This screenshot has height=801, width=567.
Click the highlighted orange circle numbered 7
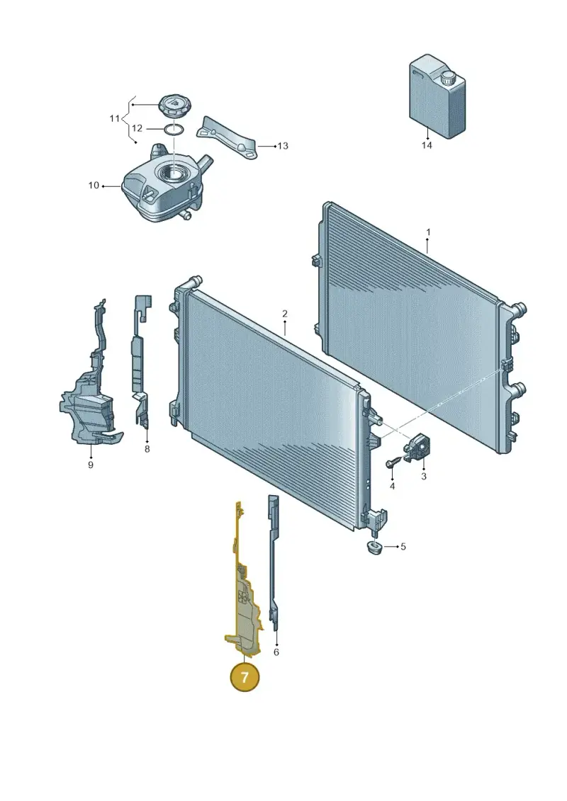(245, 677)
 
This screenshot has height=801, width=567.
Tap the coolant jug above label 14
(437, 98)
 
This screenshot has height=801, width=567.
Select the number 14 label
(427, 146)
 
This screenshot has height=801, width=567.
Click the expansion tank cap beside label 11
(173, 106)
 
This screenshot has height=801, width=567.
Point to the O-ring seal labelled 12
(174, 129)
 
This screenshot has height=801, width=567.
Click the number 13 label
(283, 146)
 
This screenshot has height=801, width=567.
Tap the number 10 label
(94, 185)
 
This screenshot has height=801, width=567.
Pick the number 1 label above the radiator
(428, 232)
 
